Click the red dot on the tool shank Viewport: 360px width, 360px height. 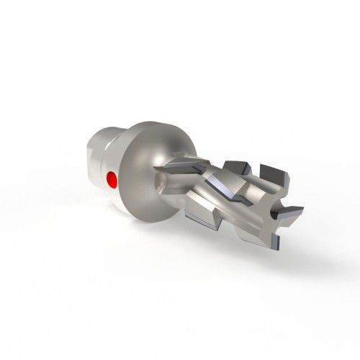coord(110,179)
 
